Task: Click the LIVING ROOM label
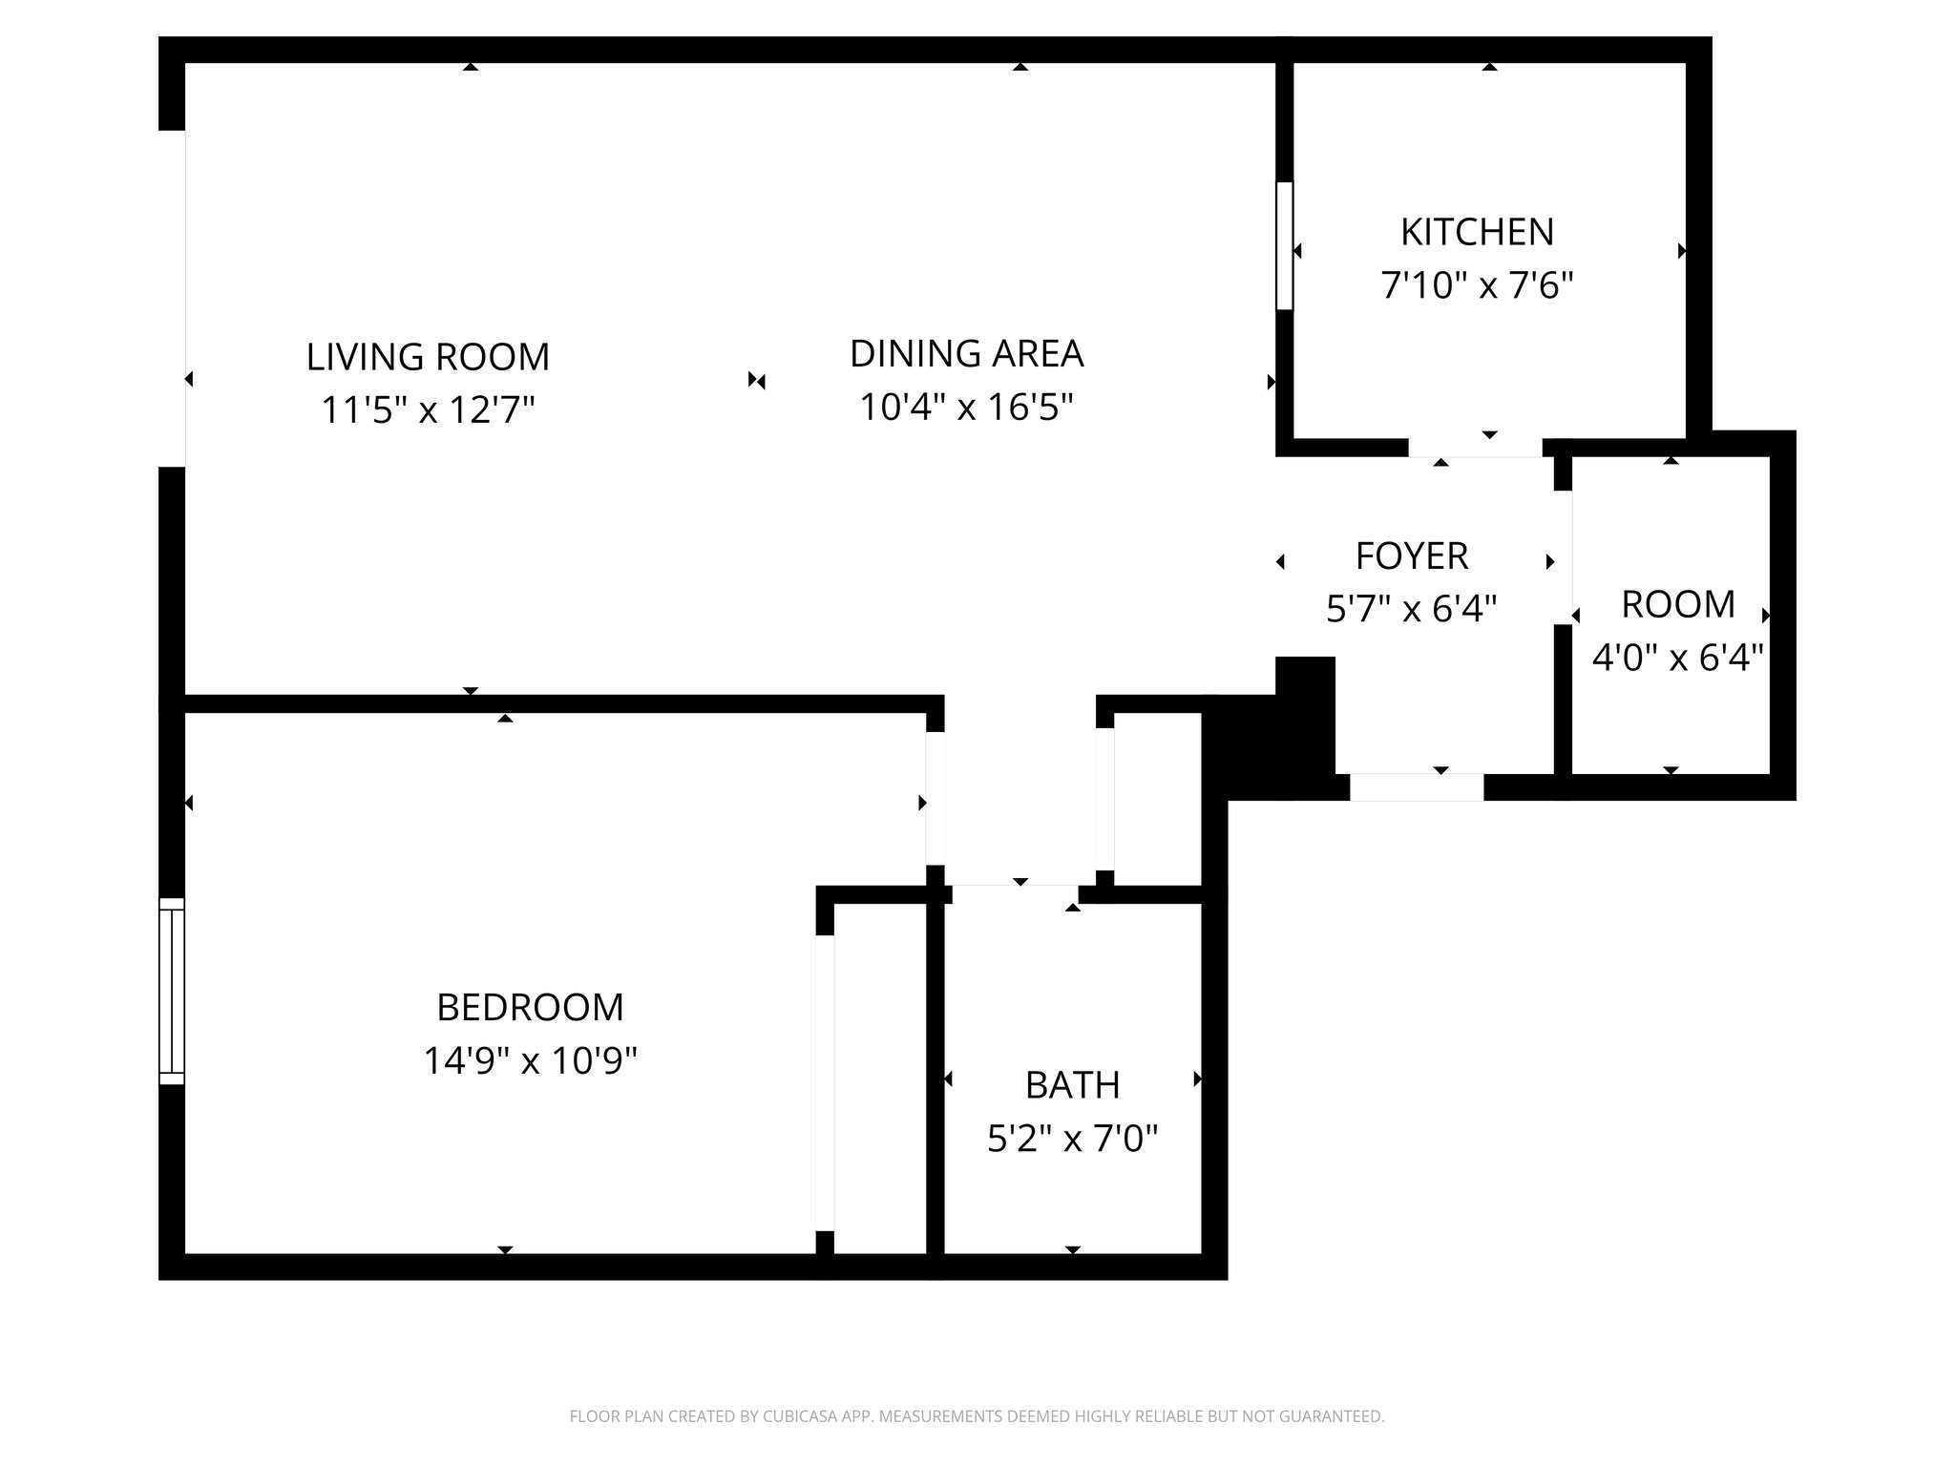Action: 428,357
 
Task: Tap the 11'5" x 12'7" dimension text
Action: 428,410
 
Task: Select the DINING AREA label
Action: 966,353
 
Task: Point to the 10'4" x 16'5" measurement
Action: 966,408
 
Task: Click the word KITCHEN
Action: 1477,232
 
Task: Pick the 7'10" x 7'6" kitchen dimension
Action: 1477,285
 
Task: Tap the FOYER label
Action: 1412,555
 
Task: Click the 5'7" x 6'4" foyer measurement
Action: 1412,609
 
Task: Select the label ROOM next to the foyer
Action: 1677,604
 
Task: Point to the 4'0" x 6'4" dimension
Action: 1677,658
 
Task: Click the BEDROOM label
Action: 530,1007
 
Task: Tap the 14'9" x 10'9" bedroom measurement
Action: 530,1060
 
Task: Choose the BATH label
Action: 1072,1085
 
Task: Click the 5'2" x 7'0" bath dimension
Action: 1072,1139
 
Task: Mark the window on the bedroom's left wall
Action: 171,991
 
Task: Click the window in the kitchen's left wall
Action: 1284,245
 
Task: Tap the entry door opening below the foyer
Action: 1416,787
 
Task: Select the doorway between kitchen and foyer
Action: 1475,448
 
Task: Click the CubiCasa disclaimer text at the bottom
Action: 977,1416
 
